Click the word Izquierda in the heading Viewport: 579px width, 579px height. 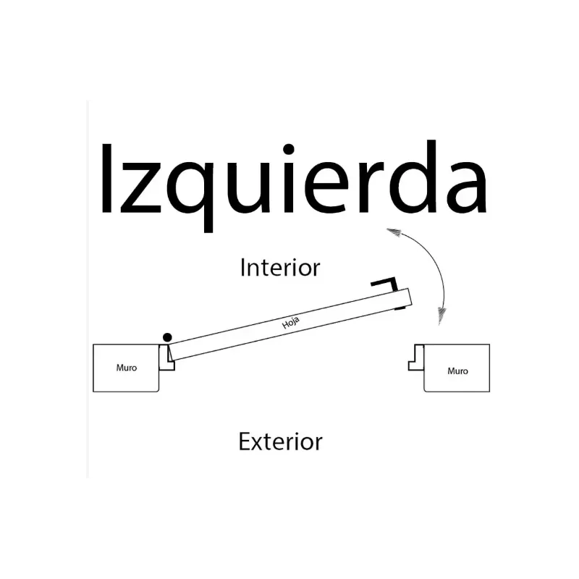pos(294,187)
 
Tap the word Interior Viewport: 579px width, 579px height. pos(280,267)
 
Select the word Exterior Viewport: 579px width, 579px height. pos(280,441)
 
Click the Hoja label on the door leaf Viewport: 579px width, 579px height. pos(291,322)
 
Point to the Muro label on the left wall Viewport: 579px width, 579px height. pos(127,368)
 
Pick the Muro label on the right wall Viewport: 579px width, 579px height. pos(457,371)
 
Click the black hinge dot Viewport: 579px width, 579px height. pos(167,337)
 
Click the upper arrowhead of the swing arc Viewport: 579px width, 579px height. pos(394,232)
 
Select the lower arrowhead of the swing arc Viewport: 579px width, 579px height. pos(441,316)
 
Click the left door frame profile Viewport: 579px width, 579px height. pos(166,358)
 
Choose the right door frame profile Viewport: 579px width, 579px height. pos(416,358)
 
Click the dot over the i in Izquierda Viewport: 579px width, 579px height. pos(288,149)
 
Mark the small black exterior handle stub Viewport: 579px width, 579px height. pos(400,308)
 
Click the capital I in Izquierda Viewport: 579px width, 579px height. pos(106,178)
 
